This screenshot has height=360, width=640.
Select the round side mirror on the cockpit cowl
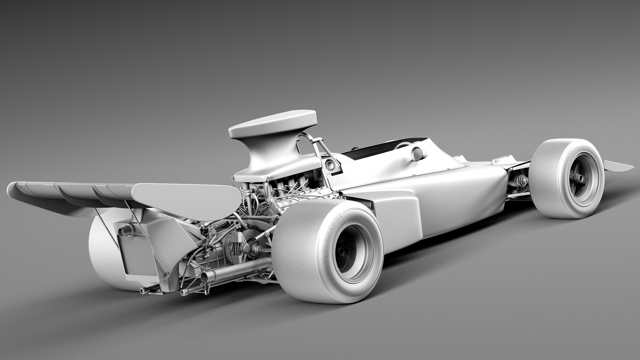pos(419,154)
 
